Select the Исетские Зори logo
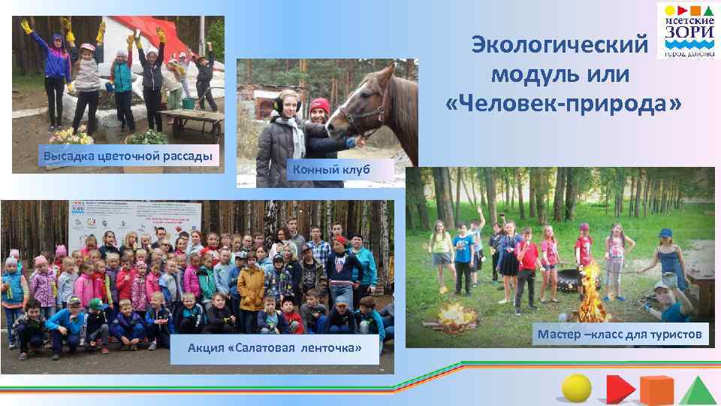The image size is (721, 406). pyautogui.click(x=686, y=31)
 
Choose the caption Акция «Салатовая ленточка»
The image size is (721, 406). pyautogui.click(x=274, y=348)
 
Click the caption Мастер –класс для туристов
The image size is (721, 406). pyautogui.click(x=620, y=333)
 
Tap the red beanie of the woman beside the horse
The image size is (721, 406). pyautogui.click(x=320, y=105)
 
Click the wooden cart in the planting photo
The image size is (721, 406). pyautogui.click(x=192, y=120)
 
